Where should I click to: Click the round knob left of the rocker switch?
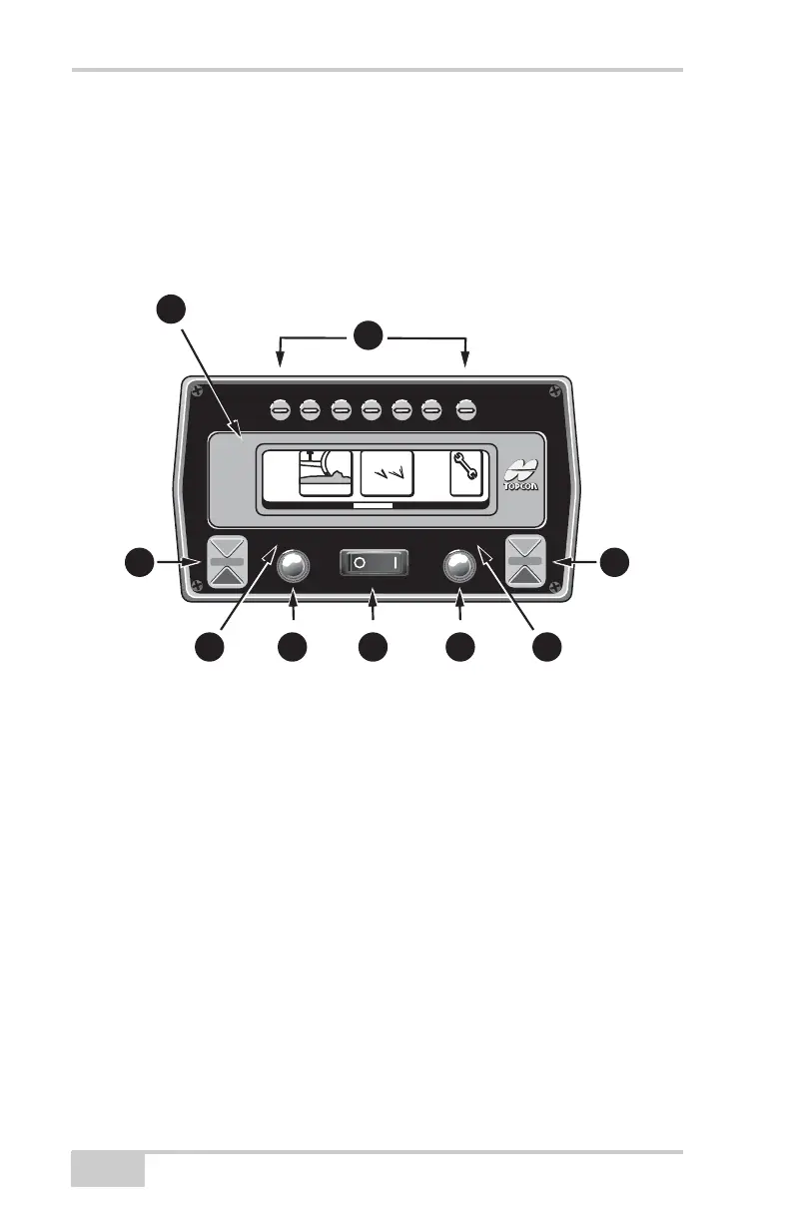[x=292, y=566]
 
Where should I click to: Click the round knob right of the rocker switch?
[x=459, y=566]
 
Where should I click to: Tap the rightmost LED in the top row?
[x=465, y=408]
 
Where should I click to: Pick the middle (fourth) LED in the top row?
[x=372, y=408]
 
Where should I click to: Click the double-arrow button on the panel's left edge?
[x=227, y=563]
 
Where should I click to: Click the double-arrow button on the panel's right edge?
[x=525, y=563]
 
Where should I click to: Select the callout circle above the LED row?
[x=372, y=335]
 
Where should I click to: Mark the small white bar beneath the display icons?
[x=372, y=507]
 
